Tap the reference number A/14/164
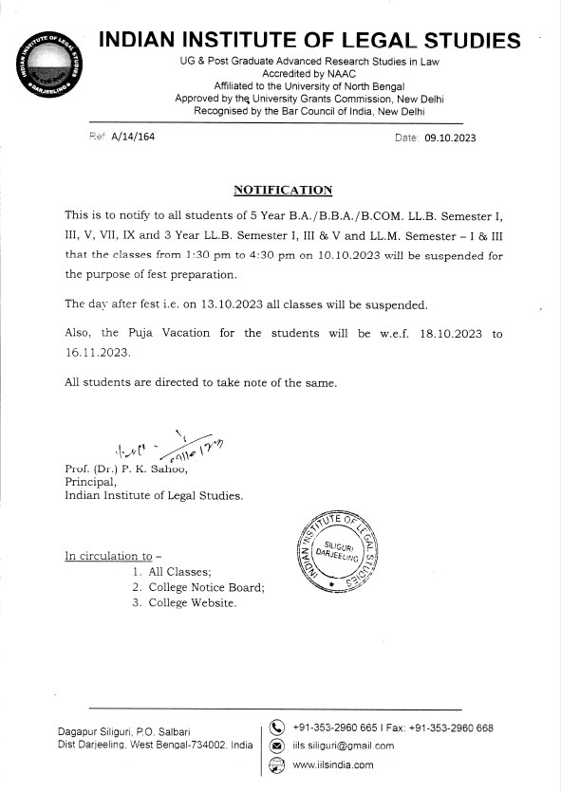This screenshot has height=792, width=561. click(x=133, y=138)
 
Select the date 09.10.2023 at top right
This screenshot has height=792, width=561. click(x=450, y=138)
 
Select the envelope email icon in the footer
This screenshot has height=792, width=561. click(x=277, y=746)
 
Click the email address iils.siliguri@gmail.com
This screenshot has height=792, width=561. click(x=343, y=746)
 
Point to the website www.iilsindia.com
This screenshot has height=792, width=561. click(x=333, y=764)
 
